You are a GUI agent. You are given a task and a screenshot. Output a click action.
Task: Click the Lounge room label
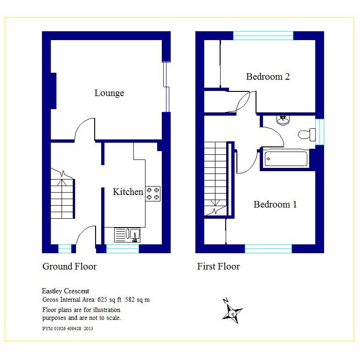tap(109, 93)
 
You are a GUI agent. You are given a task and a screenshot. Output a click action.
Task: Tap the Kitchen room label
tap(128, 192)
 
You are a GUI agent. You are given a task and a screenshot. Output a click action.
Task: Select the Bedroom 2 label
tap(268, 76)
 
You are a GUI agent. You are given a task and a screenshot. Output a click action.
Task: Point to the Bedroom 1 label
tap(275, 204)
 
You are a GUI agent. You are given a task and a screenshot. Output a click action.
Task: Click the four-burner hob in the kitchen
tap(153, 194)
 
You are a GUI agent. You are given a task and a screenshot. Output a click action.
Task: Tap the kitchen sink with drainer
tap(127, 235)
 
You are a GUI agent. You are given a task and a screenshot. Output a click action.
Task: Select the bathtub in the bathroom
tap(286, 159)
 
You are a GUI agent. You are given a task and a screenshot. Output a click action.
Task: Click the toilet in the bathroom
tap(307, 135)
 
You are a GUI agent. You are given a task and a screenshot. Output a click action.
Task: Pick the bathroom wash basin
tap(283, 120)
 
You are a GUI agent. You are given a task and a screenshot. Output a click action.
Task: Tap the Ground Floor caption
tap(69, 267)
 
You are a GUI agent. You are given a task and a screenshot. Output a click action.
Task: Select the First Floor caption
tap(218, 267)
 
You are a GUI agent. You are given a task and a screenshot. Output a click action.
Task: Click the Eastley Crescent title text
tap(65, 291)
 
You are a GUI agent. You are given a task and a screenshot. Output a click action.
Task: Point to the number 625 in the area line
tap(102, 300)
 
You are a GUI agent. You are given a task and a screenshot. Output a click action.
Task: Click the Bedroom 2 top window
tap(263, 35)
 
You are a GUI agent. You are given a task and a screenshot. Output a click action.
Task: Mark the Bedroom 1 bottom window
tap(268, 249)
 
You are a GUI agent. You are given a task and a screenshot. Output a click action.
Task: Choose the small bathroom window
tap(319, 132)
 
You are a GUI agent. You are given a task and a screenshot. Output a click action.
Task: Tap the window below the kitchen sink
tap(123, 249)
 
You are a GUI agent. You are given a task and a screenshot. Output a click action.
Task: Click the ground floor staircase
tap(62, 199)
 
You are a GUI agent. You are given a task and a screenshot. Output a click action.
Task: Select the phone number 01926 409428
tap(68, 329)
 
